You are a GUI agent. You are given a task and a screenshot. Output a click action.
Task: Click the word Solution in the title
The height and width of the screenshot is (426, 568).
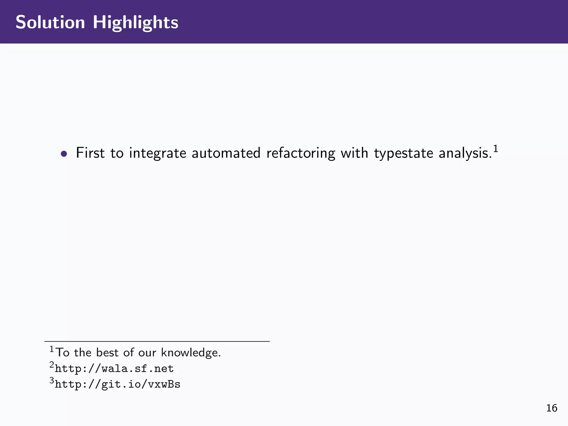pos(50,22)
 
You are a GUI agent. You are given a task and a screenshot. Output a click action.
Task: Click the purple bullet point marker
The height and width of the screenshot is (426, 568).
pos(64,154)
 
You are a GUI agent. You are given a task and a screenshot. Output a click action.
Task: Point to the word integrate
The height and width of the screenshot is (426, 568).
pos(158,153)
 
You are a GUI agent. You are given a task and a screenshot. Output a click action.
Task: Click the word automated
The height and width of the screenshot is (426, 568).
pos(226,153)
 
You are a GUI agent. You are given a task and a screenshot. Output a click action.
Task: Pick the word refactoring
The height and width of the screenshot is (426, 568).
pos(301,153)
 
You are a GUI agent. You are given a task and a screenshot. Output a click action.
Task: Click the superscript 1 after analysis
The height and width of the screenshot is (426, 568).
pos(496,149)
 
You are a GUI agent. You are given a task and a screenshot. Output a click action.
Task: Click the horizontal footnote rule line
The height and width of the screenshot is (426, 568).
pos(157,341)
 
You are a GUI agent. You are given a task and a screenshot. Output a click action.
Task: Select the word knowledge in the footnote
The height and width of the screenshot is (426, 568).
pos(191,353)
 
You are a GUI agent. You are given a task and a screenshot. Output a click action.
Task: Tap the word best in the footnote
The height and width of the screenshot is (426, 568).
pos(107,353)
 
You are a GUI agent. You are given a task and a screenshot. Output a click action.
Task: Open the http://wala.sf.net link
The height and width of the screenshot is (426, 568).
pos(114,369)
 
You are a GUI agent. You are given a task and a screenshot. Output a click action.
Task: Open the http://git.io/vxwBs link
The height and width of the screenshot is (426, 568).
pos(118,384)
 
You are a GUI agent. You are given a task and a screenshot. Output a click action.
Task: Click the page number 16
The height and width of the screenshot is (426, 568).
pos(552,408)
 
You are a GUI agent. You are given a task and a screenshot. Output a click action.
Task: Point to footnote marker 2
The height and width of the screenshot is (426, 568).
pos(52,365)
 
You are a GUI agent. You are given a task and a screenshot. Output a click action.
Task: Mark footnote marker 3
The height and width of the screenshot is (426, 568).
pos(52,381)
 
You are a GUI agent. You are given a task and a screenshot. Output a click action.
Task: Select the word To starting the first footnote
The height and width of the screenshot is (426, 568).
pos(63,353)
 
